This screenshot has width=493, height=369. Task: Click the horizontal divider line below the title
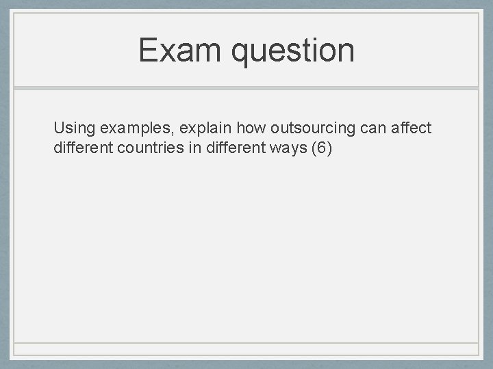pos(246,89)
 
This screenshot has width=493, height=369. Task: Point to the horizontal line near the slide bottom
pos(246,342)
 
